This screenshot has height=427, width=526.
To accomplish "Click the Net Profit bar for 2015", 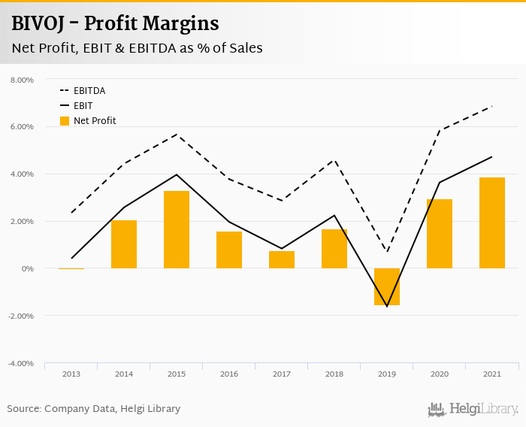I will pos(177,230).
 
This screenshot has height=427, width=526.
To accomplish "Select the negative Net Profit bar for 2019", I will pos(387,286).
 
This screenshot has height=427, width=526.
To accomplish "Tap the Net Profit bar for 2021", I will pos(492,223).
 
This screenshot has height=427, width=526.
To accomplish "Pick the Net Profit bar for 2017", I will pos(282,259).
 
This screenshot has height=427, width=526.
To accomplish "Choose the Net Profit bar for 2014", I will pos(124,244).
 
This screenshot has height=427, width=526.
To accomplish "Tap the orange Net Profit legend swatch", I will pos(65,121).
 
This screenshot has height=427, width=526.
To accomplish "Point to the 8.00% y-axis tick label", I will pos(22,80).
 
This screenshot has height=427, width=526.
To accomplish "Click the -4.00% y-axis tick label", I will pos(22,363).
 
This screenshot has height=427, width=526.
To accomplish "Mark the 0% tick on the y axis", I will pos(28,268).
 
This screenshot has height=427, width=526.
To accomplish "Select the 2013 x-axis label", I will pos(71,374).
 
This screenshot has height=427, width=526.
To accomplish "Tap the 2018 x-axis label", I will pos(334,374).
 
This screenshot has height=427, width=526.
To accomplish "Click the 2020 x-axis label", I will pos(440,374).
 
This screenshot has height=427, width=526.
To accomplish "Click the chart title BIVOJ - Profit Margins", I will pos(115,24).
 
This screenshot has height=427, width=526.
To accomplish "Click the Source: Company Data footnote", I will pos(94,409).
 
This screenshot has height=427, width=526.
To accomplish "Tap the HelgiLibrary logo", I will pos(473,410).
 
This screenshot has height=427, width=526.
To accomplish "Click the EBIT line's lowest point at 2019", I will pos(387,306).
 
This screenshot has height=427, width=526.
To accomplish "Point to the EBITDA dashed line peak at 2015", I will pos(177,135).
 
